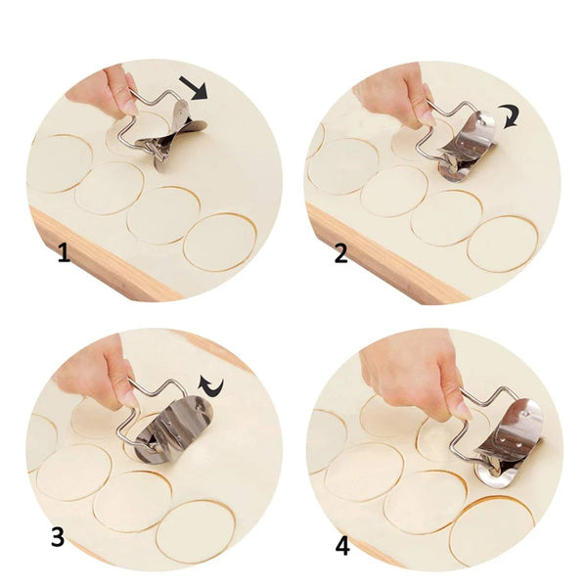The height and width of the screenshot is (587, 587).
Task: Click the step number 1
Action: coord(64,254)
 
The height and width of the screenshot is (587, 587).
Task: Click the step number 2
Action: coord(340,254)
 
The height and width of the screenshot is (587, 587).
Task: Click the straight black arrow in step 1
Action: coord(198,90)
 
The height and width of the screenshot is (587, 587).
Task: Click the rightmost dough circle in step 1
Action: coord(220,241)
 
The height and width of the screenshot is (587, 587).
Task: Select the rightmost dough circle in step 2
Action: coord(502,243)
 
